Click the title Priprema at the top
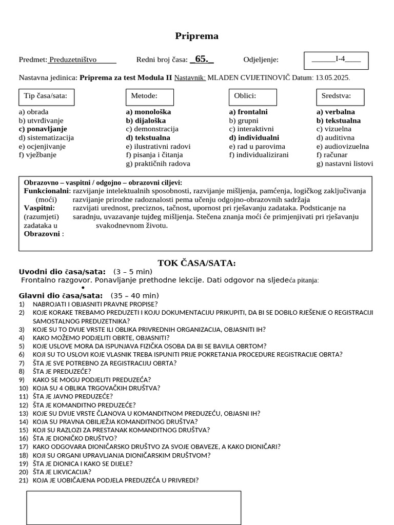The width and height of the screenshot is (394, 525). point(196,36)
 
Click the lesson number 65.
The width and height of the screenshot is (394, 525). point(201,59)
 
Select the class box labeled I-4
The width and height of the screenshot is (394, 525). point(336,59)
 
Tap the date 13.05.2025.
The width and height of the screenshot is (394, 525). point(333,78)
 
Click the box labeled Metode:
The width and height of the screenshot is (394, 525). point(150,96)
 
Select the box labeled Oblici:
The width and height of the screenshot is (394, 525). point(252,96)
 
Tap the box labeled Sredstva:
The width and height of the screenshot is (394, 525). point(340,96)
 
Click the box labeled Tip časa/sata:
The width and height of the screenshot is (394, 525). point(46,96)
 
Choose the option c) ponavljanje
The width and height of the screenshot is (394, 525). point(43,129)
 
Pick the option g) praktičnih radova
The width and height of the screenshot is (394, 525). point(158,164)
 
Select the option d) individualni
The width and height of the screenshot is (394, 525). point(254,138)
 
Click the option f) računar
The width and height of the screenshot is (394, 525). point(332,155)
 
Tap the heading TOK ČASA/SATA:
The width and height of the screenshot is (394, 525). point(196,264)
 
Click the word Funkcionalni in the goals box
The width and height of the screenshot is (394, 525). point(46,191)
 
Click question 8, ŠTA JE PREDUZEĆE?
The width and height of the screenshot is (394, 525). point(62,371)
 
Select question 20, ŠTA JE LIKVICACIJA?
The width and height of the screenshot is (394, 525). point(62,472)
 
